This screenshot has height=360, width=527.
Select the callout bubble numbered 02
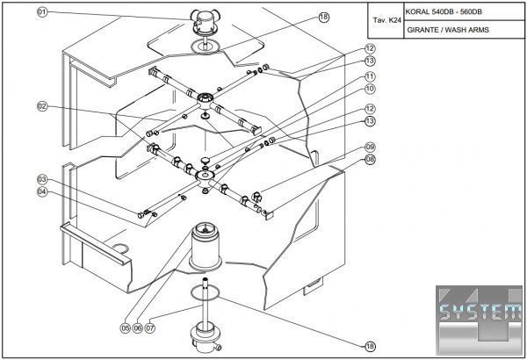(41, 106)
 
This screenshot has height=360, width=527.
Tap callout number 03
(41, 179)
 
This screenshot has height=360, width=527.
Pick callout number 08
(371, 159)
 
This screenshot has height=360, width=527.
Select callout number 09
(371, 147)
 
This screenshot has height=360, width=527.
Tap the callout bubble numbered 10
(371, 89)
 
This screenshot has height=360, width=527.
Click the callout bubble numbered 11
(371, 76)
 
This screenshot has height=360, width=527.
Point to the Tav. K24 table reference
(386, 20)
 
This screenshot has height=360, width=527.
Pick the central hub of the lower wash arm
(206, 177)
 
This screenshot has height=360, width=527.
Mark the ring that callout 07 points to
(205, 292)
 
